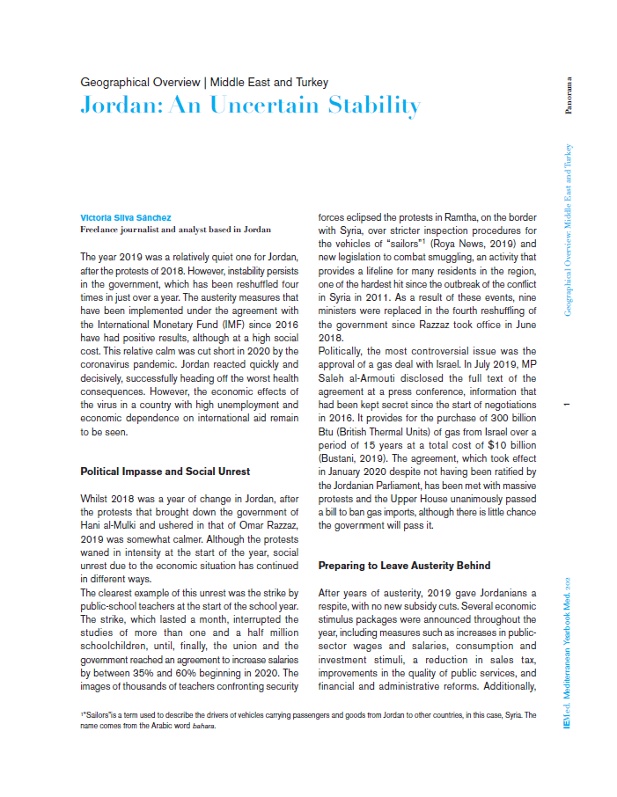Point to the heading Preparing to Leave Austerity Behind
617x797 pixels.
404,565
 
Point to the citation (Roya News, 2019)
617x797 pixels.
482,242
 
